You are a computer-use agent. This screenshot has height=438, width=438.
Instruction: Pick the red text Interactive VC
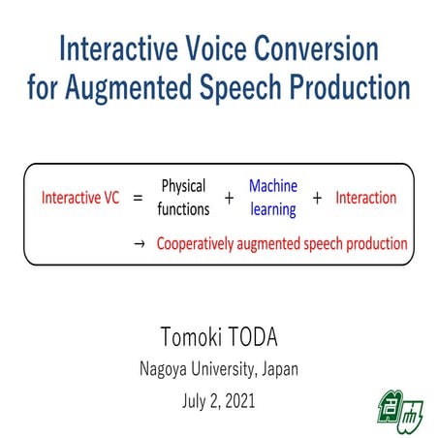click(80, 198)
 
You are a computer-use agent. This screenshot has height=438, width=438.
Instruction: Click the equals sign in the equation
click(138, 199)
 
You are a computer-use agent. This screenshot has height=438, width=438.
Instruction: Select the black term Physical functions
click(184, 198)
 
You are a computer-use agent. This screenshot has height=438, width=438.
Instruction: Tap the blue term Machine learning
click(272, 198)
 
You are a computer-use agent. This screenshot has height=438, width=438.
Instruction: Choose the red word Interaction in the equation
click(365, 198)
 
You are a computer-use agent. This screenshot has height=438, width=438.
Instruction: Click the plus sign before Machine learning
click(229, 199)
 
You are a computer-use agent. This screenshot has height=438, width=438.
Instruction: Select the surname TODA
click(255, 338)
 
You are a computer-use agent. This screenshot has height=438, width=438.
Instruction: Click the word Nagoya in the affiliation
click(159, 369)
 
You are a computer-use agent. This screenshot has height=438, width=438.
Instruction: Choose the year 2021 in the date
click(237, 398)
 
